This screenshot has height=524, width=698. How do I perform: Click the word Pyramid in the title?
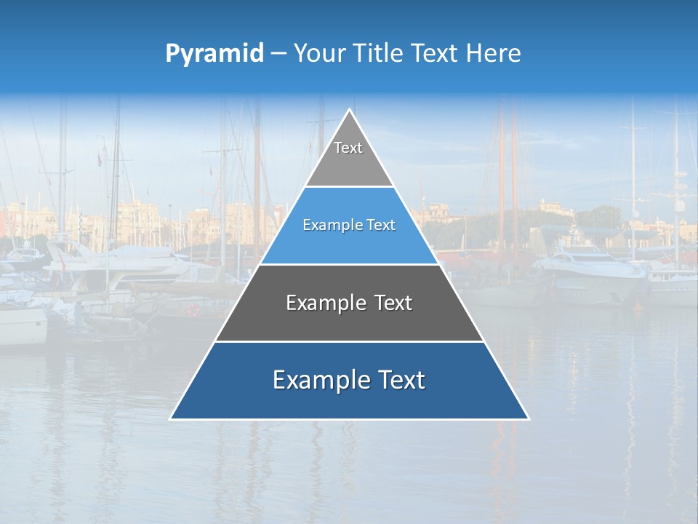click(214, 54)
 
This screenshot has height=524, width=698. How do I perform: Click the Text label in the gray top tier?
click(348, 148)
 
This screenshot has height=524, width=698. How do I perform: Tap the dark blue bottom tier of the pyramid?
click(349, 400)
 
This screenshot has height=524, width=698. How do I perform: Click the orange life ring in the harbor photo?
click(193, 310)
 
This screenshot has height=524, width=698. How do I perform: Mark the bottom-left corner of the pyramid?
click(171, 418)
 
